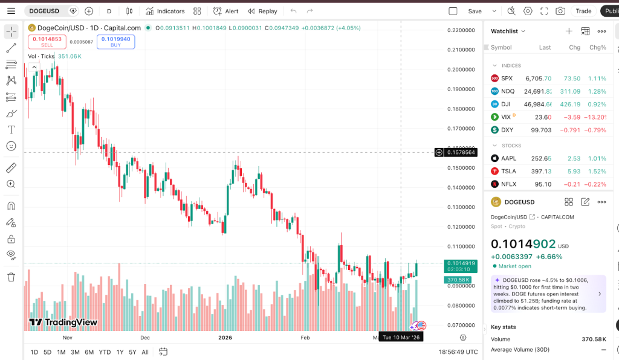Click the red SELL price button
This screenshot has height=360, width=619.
[x=47, y=42]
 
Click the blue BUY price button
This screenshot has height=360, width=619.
[x=115, y=42]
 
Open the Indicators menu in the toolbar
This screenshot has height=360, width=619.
[x=166, y=11]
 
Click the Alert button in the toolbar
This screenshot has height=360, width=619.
[x=226, y=11]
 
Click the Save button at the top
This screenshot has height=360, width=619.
[x=475, y=11]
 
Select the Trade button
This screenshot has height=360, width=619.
[x=583, y=11]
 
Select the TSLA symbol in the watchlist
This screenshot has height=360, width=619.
[x=508, y=171]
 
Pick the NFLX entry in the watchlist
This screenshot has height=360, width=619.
[x=508, y=184]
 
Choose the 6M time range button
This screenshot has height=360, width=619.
[x=89, y=352]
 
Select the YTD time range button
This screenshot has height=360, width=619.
[x=105, y=352]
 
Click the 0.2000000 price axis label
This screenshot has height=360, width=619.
[x=461, y=69]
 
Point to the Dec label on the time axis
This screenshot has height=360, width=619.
[x=144, y=338]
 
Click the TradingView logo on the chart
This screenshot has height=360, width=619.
[x=63, y=323]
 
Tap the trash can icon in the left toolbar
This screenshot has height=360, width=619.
[x=11, y=277]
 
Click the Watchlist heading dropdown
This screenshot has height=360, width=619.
[x=508, y=31]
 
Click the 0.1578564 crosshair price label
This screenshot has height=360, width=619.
[x=461, y=153]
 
